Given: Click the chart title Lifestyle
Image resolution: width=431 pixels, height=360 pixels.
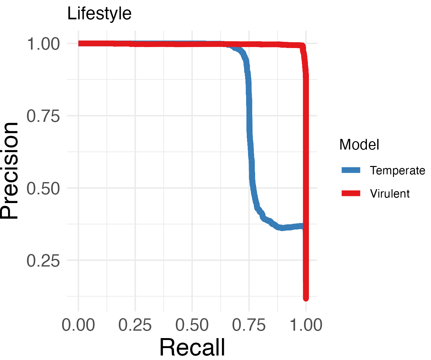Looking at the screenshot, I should pyautogui.click(x=99, y=14).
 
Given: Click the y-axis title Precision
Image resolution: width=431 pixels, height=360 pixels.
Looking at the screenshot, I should pyautogui.click(x=9, y=170).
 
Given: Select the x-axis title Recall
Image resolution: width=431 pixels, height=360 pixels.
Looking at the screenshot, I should pyautogui.click(x=192, y=347).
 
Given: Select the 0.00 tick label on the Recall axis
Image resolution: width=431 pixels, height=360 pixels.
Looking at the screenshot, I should pyautogui.click(x=78, y=325).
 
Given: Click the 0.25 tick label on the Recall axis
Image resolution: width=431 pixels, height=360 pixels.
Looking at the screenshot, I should pyautogui.click(x=135, y=325).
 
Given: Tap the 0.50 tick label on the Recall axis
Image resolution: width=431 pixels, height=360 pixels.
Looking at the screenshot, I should pyautogui.click(x=192, y=325).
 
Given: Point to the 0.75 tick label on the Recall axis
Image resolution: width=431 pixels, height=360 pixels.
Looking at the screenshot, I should pyautogui.click(x=249, y=325).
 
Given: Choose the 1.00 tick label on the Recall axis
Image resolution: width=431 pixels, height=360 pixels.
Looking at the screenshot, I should pyautogui.click(x=306, y=325).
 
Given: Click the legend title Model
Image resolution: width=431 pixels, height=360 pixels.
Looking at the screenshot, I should pyautogui.click(x=359, y=145).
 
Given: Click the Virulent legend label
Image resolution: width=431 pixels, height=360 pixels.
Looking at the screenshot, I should pyautogui.click(x=390, y=193).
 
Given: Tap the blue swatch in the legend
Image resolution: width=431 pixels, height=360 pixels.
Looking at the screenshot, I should pyautogui.click(x=351, y=170).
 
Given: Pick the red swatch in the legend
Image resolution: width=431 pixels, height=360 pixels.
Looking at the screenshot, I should pyautogui.click(x=351, y=193).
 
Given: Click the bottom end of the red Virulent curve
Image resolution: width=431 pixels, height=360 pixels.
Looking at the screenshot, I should pyautogui.click(x=306, y=298).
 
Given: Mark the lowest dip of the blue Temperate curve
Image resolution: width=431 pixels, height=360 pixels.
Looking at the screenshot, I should pyautogui.click(x=282, y=228).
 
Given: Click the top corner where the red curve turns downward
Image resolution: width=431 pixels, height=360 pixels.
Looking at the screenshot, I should pyautogui.click(x=302, y=46).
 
